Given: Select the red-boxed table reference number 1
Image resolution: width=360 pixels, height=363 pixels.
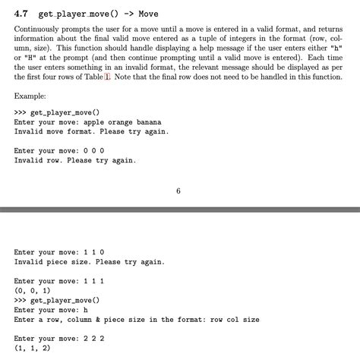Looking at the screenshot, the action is click(107, 77).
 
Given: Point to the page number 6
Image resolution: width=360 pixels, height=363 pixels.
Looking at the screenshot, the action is click(178, 191).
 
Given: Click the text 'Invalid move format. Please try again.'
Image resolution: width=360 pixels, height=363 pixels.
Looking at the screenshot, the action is click(91, 131).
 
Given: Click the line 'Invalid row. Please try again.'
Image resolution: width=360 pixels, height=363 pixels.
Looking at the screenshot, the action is click(74, 160).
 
